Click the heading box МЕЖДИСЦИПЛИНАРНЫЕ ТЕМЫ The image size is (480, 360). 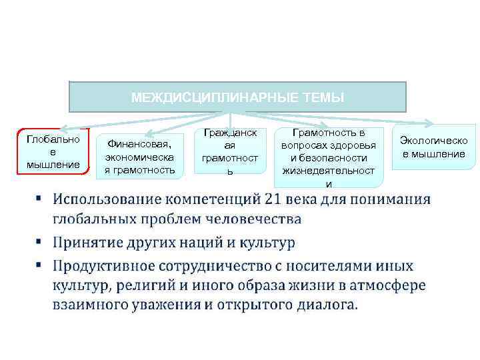(238, 97)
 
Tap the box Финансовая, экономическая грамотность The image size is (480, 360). (139, 156)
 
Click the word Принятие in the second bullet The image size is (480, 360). (87, 243)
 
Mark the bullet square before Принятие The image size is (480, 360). (40, 243)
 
